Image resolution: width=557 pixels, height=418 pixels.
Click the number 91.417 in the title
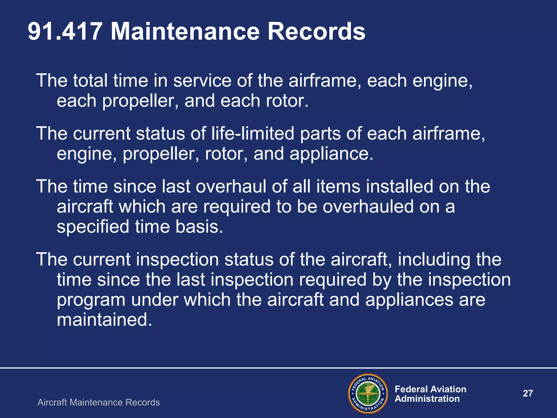(x=65, y=32)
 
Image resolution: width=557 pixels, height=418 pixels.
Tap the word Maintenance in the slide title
(x=185, y=32)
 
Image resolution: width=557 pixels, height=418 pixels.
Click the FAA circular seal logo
(x=368, y=394)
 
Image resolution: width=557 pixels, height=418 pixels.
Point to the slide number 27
(x=528, y=393)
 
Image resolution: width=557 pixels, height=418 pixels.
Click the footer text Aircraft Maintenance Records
(x=98, y=402)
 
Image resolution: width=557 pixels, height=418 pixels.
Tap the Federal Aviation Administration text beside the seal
(x=430, y=394)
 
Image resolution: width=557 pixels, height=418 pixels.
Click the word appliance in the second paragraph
(x=331, y=153)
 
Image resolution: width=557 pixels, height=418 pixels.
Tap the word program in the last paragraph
(x=91, y=300)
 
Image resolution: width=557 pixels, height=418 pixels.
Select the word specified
(x=93, y=227)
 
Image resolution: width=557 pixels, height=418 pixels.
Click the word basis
(x=199, y=227)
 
